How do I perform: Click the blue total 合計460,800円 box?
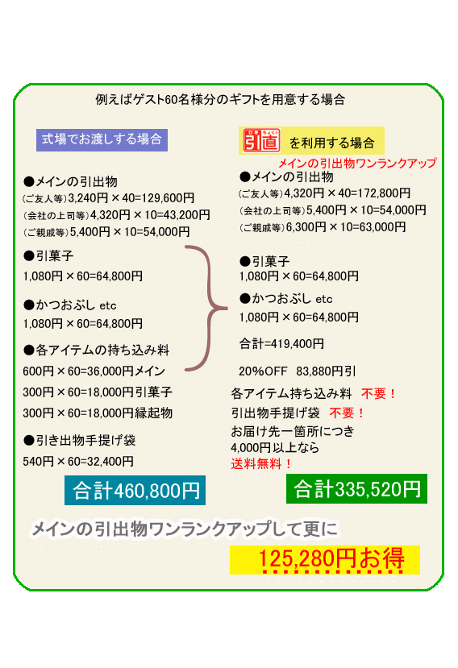coord(135,490)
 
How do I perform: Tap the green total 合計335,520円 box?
coord(356,488)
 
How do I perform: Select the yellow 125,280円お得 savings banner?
coord(325,559)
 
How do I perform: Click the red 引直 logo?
coord(261,140)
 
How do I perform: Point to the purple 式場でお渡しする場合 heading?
coord(102,139)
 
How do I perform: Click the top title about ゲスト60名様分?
coord(220,100)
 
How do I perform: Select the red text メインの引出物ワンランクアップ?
coord(357,163)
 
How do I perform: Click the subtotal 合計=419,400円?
coord(281,344)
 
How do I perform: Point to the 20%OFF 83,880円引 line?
coord(298,371)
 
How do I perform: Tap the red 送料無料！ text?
coord(261,463)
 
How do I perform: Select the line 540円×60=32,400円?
coord(78,462)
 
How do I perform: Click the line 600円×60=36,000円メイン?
coord(94,371)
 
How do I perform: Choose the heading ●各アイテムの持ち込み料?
coord(97,351)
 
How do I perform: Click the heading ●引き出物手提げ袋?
coord(79,440)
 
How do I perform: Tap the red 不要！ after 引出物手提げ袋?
coord(347,413)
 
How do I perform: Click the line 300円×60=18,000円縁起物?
coord(98,413)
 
